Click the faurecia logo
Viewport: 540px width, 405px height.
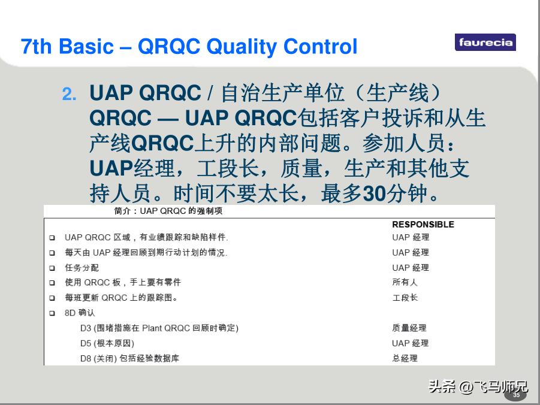click(x=485, y=43)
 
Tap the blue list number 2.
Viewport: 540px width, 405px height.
click(x=69, y=93)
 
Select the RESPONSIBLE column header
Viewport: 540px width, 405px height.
click(x=423, y=225)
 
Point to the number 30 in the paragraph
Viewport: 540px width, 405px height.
click(x=375, y=194)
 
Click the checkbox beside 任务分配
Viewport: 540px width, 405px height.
click(x=52, y=268)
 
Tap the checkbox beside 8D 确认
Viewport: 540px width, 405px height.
click(x=52, y=313)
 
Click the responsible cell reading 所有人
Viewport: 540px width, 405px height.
click(x=405, y=282)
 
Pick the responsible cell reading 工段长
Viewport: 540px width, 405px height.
click(x=405, y=298)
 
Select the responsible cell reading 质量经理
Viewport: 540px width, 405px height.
click(x=409, y=328)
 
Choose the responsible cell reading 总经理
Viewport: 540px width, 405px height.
click(x=405, y=358)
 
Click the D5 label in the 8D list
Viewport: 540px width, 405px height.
click(x=86, y=343)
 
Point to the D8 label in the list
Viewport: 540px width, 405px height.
click(x=86, y=358)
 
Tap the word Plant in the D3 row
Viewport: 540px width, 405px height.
click(x=152, y=328)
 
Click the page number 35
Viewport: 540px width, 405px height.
click(x=516, y=395)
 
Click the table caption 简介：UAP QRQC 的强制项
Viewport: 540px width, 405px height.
click(x=168, y=211)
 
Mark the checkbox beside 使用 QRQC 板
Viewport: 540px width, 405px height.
click(x=52, y=283)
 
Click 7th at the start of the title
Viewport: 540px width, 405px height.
click(x=36, y=47)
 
